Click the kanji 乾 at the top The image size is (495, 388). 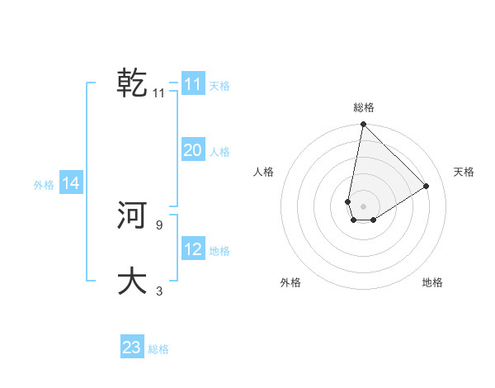click(133, 83)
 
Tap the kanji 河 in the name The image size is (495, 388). click(133, 216)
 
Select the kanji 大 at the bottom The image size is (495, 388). click(133, 281)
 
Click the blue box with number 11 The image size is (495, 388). click(193, 84)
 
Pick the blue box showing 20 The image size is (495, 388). click(193, 150)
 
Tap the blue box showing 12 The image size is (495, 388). click(193, 249)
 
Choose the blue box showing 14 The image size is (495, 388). click(71, 184)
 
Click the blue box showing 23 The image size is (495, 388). click(132, 348)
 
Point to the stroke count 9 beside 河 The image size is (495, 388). click(158, 225)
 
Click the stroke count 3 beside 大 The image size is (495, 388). click(159, 291)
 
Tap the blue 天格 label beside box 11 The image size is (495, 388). click(219, 85)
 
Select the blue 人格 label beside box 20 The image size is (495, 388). click(219, 151)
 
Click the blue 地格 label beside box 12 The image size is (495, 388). click(219, 250)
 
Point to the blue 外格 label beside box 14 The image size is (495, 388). click(44, 185)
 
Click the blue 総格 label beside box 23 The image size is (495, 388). click(158, 348)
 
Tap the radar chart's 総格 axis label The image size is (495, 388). click(364, 107)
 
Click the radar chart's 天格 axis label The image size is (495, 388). click(464, 172)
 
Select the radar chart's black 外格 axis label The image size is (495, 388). click(290, 282)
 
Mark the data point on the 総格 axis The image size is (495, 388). click(363, 125)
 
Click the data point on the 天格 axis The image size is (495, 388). click(427, 186)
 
